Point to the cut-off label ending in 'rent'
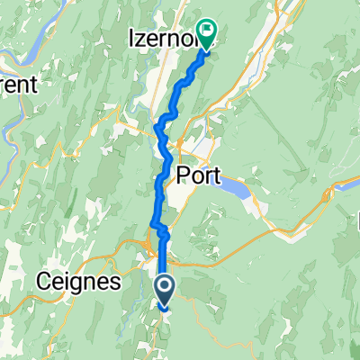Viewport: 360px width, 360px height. tap(18, 86)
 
